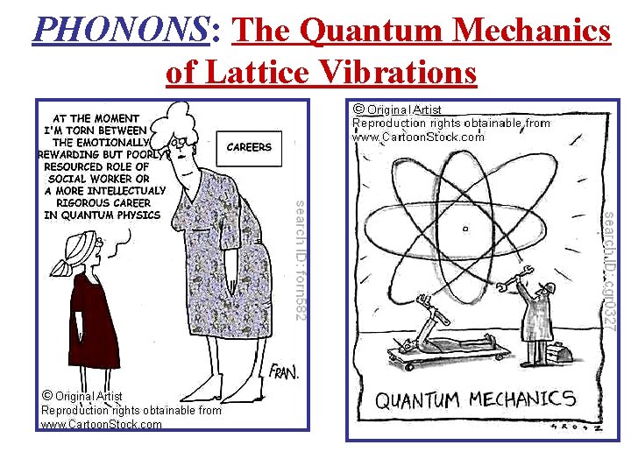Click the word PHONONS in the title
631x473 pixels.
[x=119, y=32]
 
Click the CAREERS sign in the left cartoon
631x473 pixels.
[x=249, y=147]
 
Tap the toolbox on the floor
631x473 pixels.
[x=557, y=352]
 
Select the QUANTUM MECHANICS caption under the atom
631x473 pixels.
[x=476, y=401]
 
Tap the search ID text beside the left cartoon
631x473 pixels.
[x=300, y=259]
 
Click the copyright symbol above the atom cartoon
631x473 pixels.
[x=358, y=109]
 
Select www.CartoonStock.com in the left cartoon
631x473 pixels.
[x=102, y=424]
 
